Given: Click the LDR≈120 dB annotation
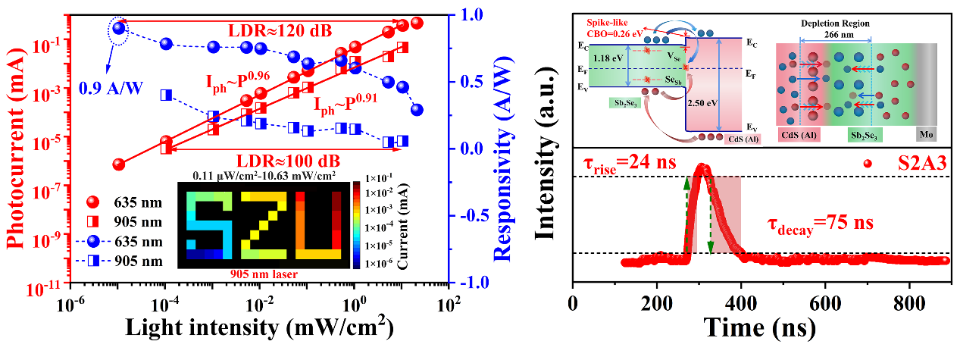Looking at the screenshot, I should click(x=280, y=32).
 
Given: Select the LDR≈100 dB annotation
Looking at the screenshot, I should click(x=288, y=161).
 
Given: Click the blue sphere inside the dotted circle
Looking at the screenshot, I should click(x=119, y=29).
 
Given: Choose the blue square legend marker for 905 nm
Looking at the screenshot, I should click(x=92, y=261).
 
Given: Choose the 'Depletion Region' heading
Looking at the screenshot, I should click(x=836, y=23).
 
